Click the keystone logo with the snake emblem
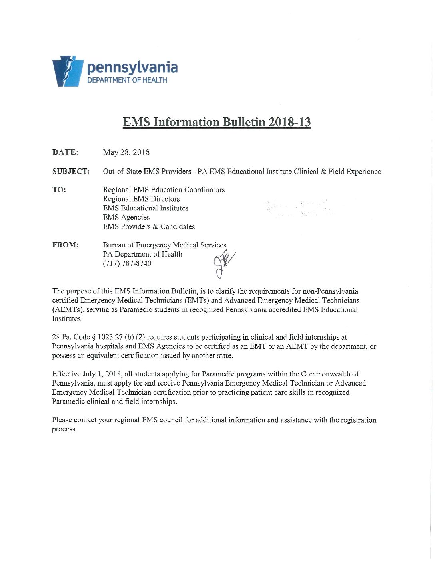[68, 71]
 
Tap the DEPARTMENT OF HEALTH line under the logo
[127, 80]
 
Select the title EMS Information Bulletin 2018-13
[217, 122]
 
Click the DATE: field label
[65, 152]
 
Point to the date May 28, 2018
[126, 152]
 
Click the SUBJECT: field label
[71, 172]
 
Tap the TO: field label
[59, 190]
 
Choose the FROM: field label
[65, 245]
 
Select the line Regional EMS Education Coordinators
[164, 190]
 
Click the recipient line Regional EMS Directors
[141, 199]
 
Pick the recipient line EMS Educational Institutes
[146, 208]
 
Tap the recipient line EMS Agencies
[126, 217]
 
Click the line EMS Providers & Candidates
[149, 226]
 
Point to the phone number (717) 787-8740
[127, 263]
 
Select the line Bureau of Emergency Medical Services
[164, 245]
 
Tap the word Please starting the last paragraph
[62, 420]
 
